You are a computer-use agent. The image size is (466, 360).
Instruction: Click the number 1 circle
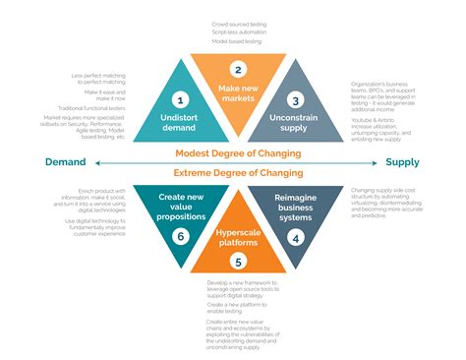179,99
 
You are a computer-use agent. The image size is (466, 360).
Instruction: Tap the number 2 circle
237,69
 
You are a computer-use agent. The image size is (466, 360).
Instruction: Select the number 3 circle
295,99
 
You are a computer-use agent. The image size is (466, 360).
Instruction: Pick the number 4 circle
295,237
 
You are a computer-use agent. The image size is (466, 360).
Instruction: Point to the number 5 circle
237,262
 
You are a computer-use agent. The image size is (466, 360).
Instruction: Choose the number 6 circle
179,237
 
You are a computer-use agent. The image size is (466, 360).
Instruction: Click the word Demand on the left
63,162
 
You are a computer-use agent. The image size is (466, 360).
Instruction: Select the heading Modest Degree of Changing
237,153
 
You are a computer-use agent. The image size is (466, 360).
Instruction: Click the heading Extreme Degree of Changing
237,173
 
